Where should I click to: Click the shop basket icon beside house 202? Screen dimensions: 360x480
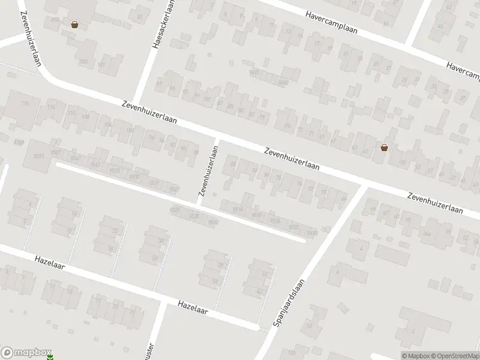coord(74,25)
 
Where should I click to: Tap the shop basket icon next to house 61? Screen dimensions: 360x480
coord(384,147)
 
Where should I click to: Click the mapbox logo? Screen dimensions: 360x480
coord(26,352)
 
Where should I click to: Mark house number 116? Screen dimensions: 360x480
coord(25,104)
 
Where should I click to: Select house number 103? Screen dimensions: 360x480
coord(83,62)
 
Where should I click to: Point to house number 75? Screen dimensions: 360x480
coord(287,126)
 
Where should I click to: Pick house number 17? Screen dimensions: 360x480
coord(316,44)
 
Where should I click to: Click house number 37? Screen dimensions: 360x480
coord(462,97)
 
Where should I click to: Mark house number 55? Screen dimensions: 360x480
coord(403,163)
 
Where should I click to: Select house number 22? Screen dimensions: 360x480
coord(115,231)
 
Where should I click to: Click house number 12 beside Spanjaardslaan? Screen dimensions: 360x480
coord(310,326)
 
